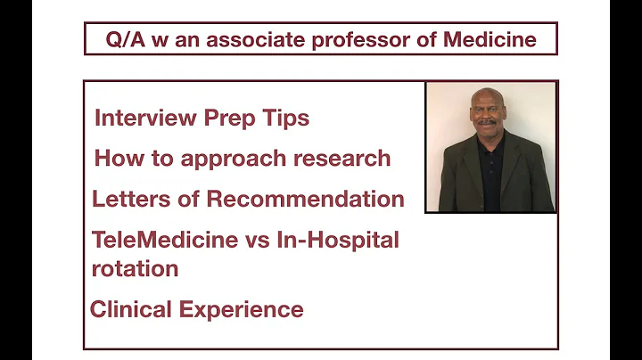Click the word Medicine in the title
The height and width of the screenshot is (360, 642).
490,41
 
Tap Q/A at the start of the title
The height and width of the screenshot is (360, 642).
123,41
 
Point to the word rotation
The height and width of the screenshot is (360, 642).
135,267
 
